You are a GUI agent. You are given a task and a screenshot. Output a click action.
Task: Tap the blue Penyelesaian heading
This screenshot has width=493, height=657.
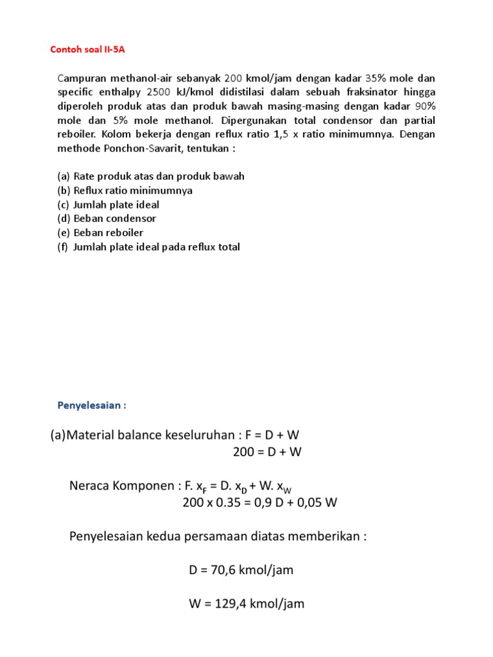[92, 405]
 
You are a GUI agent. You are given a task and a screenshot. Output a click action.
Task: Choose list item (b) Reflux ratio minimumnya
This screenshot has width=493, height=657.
[125, 191]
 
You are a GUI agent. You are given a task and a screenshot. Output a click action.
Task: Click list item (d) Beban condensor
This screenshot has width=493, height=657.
[107, 219]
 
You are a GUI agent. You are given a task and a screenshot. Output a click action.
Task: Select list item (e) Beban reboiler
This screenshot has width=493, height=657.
[100, 233]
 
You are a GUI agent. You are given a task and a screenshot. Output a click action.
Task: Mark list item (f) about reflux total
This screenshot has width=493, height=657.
[148, 247]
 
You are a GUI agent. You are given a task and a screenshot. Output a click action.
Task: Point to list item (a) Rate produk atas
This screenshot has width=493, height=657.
[151, 176]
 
